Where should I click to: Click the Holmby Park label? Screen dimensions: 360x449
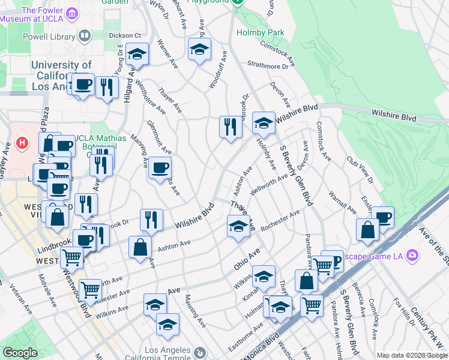tap(260, 32)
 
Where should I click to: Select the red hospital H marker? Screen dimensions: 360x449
tap(22, 143)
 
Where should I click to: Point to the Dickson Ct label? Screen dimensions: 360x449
tap(124, 35)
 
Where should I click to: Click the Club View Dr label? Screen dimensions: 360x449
tap(360, 171)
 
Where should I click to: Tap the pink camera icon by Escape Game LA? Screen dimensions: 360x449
tap(412, 255)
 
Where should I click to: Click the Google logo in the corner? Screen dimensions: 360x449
tap(20, 353)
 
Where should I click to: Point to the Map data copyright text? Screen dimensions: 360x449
tap(412, 355)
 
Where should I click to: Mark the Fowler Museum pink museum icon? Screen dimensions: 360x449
tap(72, 13)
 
